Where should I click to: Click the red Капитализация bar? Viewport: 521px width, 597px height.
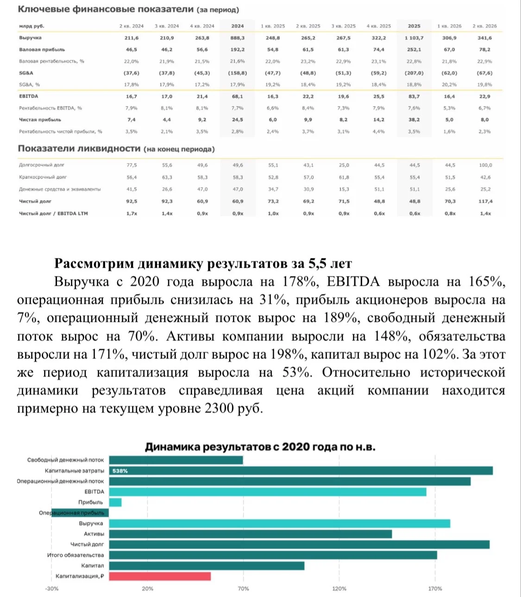(160, 576)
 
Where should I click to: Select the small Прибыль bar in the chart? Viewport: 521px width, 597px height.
(115, 502)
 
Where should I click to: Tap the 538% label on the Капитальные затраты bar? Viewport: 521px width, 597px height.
(120, 471)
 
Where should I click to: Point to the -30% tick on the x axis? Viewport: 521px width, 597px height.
(52, 589)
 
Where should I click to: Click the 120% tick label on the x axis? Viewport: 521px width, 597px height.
(339, 589)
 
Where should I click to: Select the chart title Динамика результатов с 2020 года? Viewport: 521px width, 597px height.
(260, 447)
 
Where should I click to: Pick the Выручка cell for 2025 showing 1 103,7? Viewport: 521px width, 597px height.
(414, 38)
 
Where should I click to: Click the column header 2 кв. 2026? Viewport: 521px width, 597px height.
(484, 26)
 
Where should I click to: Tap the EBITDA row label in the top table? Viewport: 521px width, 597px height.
(29, 96)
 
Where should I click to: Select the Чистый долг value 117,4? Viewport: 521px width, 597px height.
(485, 201)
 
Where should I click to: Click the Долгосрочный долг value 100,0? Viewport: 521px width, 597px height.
(485, 165)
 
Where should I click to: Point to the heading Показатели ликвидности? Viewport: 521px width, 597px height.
(79, 149)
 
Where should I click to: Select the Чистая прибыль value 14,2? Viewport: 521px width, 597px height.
(378, 120)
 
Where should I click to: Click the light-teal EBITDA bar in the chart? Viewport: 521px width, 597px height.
(268, 491)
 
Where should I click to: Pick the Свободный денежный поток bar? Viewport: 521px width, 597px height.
(176, 460)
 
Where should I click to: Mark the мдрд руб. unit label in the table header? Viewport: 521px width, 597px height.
(32, 26)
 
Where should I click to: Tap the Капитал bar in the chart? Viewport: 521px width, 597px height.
(207, 566)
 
